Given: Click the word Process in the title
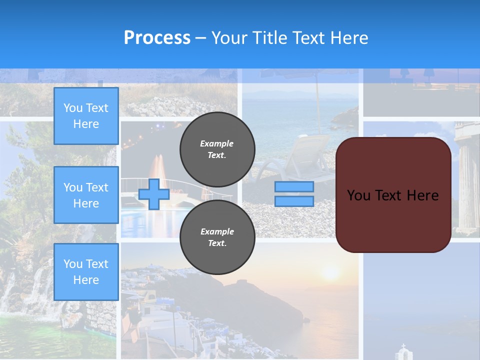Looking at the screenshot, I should click(x=157, y=38).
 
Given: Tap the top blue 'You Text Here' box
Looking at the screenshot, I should click(x=86, y=116).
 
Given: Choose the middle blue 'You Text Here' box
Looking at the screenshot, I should click(x=86, y=195).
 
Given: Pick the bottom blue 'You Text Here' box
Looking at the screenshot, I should click(x=86, y=271).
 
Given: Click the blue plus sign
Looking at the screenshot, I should click(x=154, y=194).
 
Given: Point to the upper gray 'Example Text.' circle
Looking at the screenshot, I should click(x=217, y=149).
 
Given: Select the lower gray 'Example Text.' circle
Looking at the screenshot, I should click(x=217, y=237).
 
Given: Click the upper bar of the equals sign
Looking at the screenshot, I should click(x=294, y=186).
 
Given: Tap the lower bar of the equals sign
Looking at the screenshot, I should click(x=294, y=201).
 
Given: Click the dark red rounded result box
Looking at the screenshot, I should click(x=393, y=195).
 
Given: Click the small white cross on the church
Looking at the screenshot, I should click(x=403, y=346).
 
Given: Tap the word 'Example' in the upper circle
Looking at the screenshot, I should click(x=217, y=143).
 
